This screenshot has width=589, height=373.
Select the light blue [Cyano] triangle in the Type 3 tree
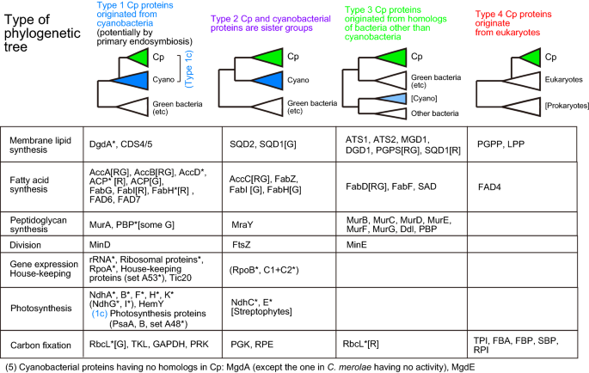391,100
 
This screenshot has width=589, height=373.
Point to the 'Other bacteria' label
433,114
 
